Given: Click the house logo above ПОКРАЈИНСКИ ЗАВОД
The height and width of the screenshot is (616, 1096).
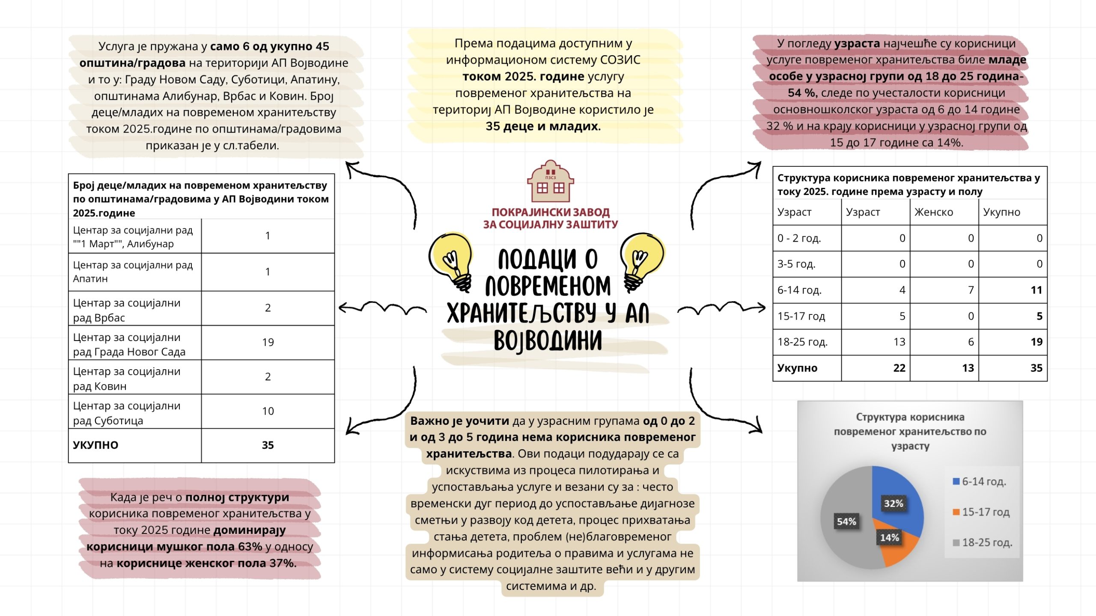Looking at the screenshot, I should pyautogui.click(x=550, y=181).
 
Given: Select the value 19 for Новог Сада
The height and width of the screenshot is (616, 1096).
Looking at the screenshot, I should pyautogui.click(x=268, y=342).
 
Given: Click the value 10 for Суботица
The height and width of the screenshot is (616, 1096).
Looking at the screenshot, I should pyautogui.click(x=268, y=411).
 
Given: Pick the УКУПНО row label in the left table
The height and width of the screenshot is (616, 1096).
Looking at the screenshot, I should pyautogui.click(x=95, y=445).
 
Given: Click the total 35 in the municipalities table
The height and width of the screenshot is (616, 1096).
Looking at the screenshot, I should pyautogui.click(x=268, y=445).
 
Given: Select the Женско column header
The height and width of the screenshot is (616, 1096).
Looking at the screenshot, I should pyautogui.click(x=934, y=212).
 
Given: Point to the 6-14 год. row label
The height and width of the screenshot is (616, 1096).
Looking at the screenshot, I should pyautogui.click(x=799, y=290).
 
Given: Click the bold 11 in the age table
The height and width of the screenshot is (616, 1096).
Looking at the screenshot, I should pyautogui.click(x=1036, y=290).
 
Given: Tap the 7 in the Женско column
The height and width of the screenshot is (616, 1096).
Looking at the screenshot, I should pyautogui.click(x=971, y=290).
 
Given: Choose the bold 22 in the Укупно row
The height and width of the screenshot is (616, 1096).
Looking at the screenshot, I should pyautogui.click(x=899, y=368).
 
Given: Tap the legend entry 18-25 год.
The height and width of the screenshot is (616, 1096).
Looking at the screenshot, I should pyautogui.click(x=987, y=542).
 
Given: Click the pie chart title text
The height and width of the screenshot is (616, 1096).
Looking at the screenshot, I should pyautogui.click(x=910, y=431).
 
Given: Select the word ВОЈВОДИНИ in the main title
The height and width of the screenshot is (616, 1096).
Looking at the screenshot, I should pyautogui.click(x=548, y=341).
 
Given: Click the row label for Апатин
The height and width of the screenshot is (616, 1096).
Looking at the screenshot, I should pyautogui.click(x=133, y=272).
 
